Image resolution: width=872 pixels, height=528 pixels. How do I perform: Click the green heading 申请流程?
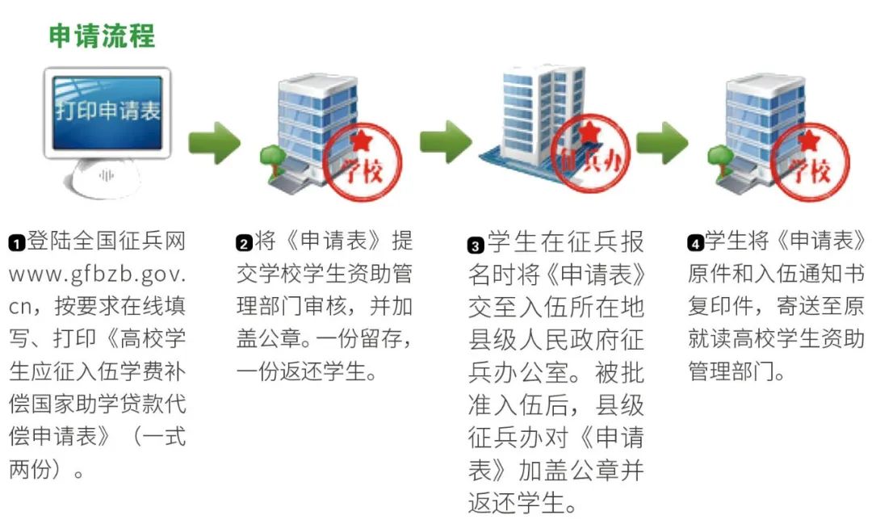(x=102, y=36)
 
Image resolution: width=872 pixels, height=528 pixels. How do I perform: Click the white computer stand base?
(x=103, y=178)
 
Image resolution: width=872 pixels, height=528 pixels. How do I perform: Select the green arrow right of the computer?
(x=214, y=143)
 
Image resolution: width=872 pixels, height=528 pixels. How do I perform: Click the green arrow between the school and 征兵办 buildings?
(x=446, y=142)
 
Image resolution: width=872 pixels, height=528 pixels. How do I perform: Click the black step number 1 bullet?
(x=17, y=243)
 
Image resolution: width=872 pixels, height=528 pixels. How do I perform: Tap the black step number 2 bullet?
(x=244, y=243)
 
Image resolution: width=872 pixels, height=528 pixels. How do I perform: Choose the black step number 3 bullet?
(x=476, y=245)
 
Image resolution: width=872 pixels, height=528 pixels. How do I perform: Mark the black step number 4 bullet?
(x=695, y=243)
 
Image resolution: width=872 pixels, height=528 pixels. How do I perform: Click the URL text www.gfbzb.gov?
(x=98, y=274)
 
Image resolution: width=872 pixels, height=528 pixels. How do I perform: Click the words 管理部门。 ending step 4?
(x=736, y=371)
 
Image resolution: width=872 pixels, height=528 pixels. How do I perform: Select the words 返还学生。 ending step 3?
(x=522, y=503)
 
